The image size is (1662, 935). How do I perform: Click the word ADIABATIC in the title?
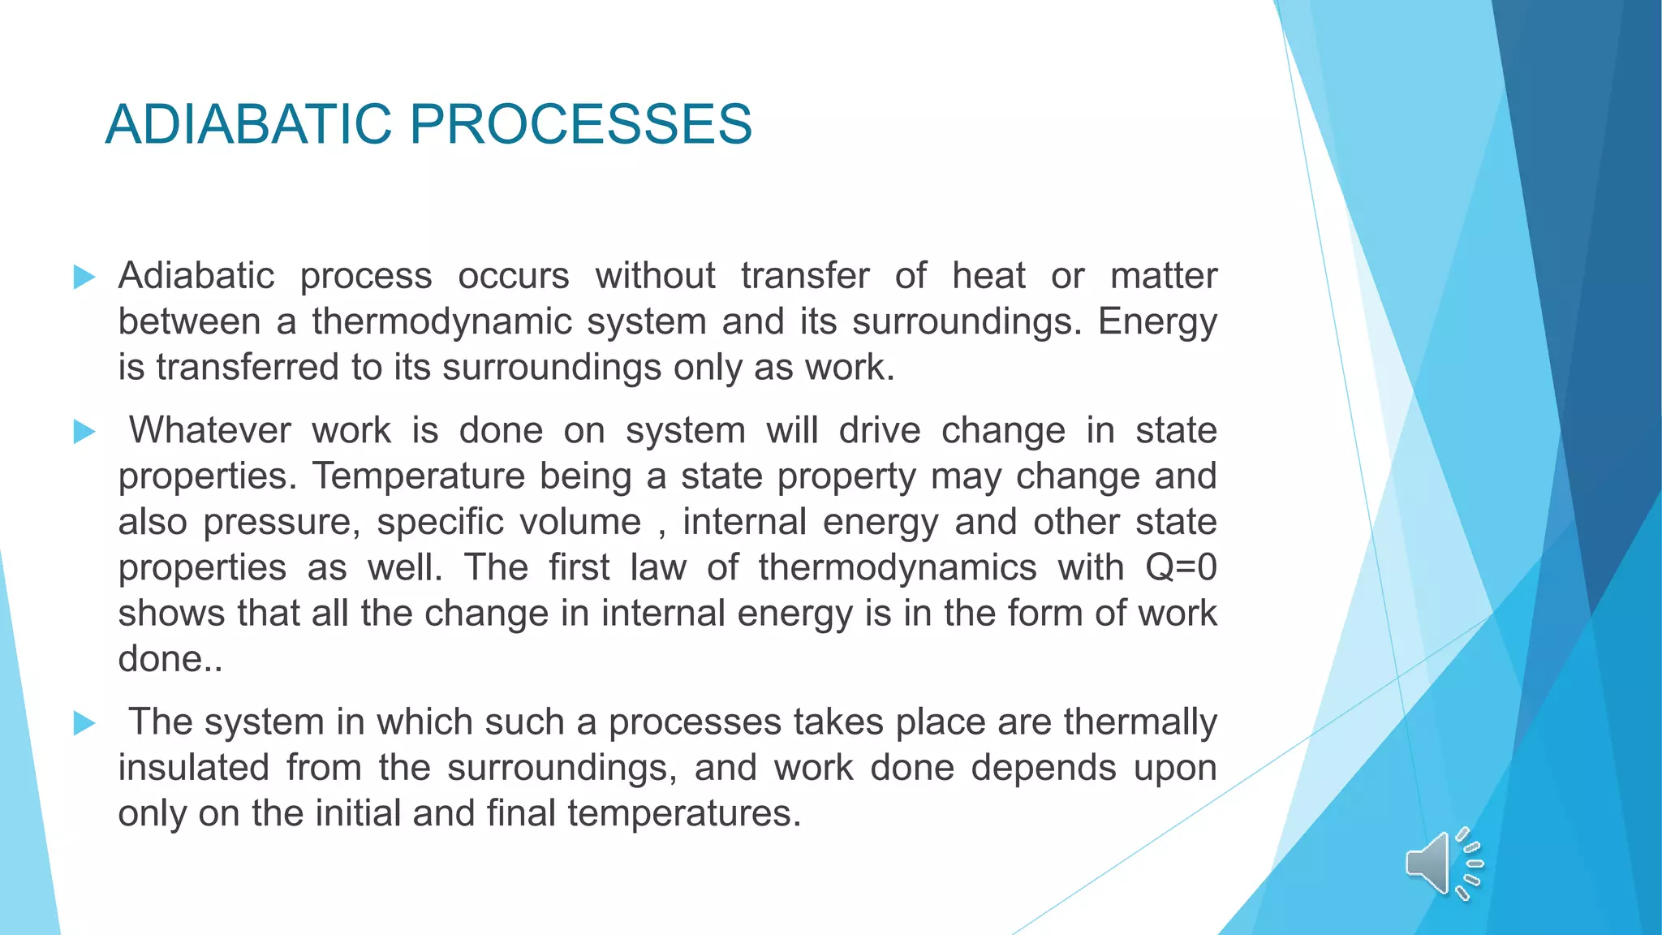point(248,124)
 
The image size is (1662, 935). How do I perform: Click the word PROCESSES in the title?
point(580,124)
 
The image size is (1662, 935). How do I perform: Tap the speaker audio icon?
point(1444,864)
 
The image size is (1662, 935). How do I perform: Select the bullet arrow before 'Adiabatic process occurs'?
point(84,277)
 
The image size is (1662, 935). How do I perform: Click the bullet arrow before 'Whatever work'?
point(84,431)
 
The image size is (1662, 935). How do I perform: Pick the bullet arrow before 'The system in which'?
point(84,722)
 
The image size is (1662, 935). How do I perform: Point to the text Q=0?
point(1181,567)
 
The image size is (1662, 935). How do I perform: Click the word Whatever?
point(209,430)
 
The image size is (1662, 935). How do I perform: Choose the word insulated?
point(193,768)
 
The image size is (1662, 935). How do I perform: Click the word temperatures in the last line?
point(684,813)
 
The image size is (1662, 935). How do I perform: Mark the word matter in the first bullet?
point(1164,276)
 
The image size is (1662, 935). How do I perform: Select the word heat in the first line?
point(988,276)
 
